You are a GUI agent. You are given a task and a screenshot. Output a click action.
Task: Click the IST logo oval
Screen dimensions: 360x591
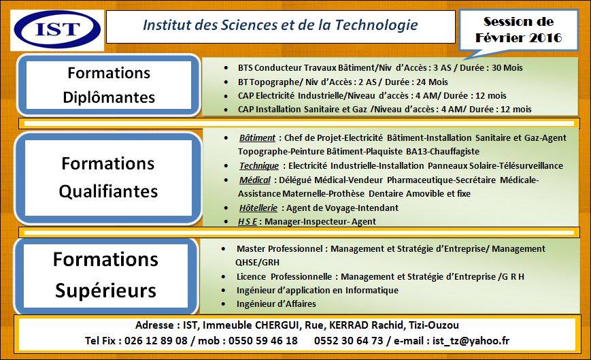(57, 29)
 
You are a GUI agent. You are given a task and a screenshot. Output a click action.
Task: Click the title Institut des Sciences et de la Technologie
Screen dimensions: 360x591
(280, 26)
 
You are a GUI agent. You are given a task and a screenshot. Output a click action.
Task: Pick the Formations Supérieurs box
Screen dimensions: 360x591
(105, 275)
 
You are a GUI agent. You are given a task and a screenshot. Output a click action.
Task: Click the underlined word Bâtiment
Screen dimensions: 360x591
(257, 137)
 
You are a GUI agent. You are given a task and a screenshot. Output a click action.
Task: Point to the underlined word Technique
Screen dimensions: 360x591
(259, 165)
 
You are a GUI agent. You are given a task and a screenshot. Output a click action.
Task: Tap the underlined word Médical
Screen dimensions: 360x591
(255, 180)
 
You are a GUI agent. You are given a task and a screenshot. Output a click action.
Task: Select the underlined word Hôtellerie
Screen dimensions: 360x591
(258, 208)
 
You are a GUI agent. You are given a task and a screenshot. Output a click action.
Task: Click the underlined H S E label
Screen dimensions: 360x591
(248, 221)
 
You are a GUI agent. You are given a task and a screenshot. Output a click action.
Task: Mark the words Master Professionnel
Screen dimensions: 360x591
(280, 249)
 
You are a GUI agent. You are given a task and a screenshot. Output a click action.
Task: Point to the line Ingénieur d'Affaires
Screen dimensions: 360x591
(276, 304)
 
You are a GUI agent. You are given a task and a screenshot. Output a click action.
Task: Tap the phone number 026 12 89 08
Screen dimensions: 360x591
(156, 340)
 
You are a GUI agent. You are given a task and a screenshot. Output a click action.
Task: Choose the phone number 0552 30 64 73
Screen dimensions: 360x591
(349, 340)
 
